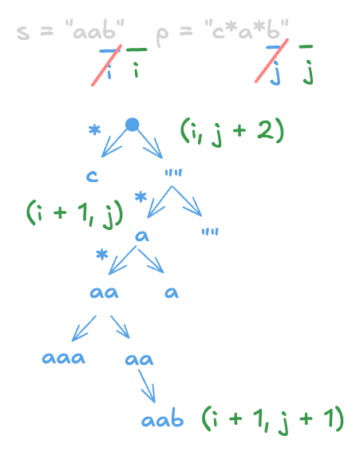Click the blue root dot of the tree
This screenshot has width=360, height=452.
point(133,124)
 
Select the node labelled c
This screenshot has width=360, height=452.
point(93,176)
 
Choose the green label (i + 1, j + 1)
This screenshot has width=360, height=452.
point(272,417)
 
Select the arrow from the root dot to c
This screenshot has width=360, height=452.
point(115,145)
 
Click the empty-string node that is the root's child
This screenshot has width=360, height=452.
point(173,172)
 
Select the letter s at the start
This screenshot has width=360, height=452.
point(23,36)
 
